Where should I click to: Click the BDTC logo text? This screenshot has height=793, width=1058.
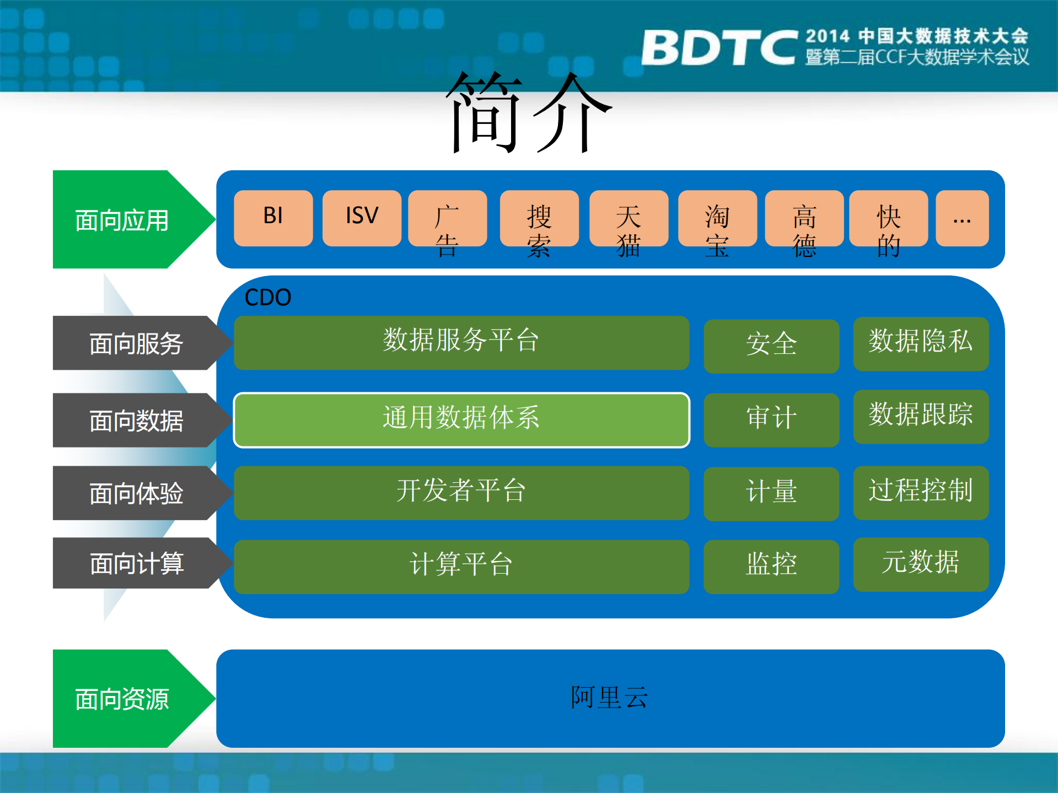(x=718, y=47)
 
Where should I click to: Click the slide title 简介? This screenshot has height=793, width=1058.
(x=528, y=113)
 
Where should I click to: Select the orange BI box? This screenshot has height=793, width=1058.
(x=273, y=218)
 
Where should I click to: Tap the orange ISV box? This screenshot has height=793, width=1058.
(x=362, y=218)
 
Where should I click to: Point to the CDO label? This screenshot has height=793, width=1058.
(x=267, y=298)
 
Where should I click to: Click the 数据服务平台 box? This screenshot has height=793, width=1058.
(x=461, y=342)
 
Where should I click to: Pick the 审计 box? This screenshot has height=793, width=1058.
(x=771, y=419)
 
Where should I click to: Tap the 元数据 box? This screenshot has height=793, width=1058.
(x=920, y=564)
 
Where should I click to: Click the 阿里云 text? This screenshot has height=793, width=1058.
(x=609, y=698)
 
